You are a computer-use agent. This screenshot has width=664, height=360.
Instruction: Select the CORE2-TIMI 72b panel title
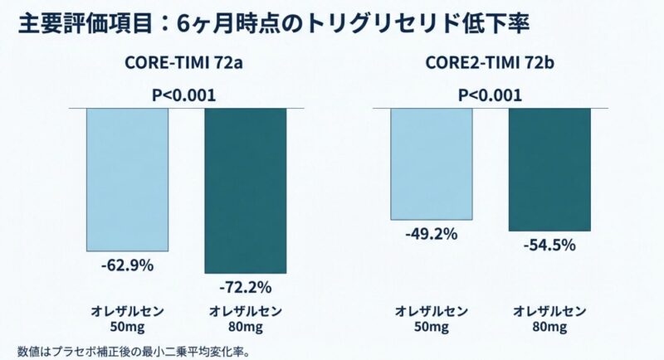[489, 64]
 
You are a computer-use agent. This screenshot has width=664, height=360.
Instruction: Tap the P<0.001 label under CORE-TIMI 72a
[184, 95]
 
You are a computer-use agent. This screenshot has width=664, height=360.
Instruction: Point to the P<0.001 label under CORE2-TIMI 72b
[490, 95]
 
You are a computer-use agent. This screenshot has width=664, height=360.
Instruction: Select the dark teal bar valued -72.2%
[245, 190]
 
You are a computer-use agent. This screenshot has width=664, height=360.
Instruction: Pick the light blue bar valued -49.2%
[432, 163]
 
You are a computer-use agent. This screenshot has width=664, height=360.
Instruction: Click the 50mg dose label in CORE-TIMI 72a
[127, 328]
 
